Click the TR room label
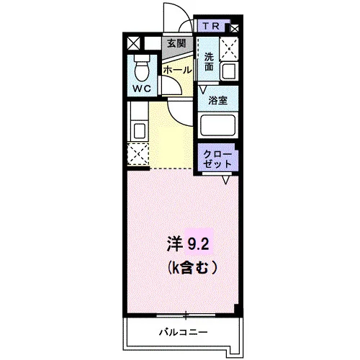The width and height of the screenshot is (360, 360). (211, 26)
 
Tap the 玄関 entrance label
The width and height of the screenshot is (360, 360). (176, 43)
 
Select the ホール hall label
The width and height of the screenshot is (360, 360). (178, 71)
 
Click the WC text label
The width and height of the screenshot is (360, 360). (142, 89)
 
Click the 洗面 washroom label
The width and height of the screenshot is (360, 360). (209, 62)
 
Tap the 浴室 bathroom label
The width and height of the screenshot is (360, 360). (217, 100)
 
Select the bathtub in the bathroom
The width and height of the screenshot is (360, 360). (218, 125)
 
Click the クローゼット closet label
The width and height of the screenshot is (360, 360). (217, 159)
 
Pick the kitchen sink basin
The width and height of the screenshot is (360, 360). (139, 131)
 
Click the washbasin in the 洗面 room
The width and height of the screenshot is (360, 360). (229, 71)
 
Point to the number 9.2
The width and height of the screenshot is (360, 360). (198, 245)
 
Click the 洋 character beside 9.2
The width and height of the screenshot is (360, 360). (174, 244)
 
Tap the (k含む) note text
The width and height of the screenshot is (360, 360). (192, 268)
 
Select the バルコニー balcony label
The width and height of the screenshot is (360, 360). (184, 333)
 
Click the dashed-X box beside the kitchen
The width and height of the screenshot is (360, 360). (138, 154)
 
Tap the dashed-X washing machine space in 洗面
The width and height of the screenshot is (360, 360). (229, 49)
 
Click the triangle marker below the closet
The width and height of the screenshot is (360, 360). (226, 180)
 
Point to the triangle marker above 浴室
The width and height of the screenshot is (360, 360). (203, 90)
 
